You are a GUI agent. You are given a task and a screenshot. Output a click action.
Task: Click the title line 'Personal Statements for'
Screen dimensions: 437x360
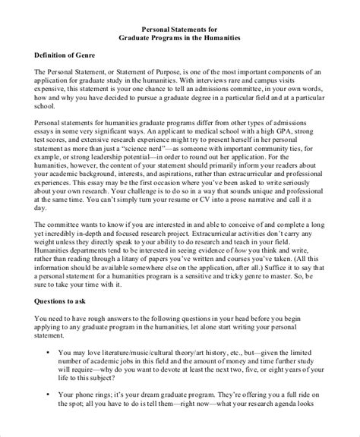pos(180,27)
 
